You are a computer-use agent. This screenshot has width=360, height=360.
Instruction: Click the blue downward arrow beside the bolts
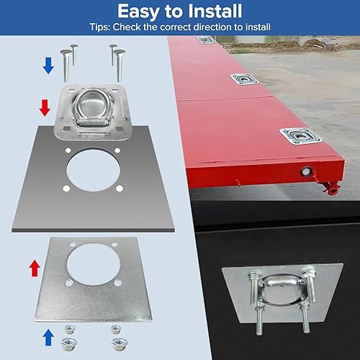coord(48,66)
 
